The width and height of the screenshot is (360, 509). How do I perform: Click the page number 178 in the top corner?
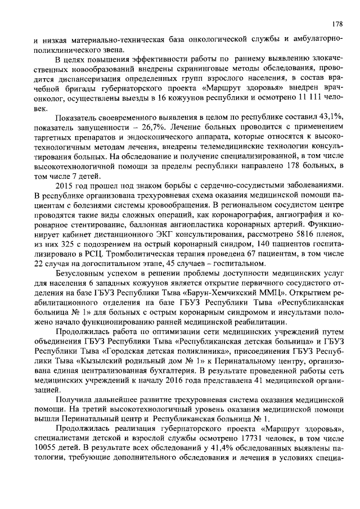336,24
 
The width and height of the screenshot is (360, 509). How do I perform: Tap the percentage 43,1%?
330,119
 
